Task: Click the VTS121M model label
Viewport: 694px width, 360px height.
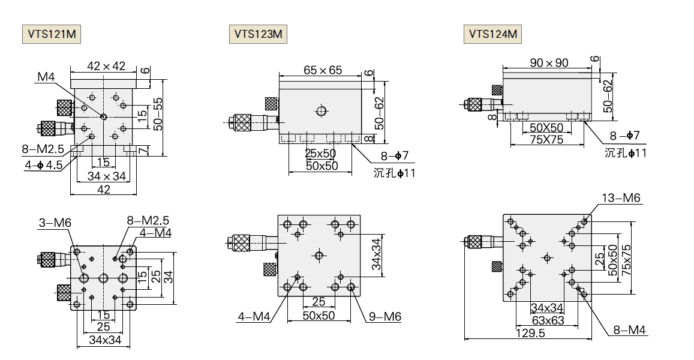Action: tap(52, 34)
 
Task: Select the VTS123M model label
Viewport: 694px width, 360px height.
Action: tap(258, 34)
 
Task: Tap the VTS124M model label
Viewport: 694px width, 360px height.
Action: tap(492, 34)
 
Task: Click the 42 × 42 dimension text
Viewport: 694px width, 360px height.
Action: tap(106, 66)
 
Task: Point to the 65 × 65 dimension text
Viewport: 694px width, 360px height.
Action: tap(323, 70)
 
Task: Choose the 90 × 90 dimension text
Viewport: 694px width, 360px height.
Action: tap(549, 62)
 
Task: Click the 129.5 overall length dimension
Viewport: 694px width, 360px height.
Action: tap(530, 334)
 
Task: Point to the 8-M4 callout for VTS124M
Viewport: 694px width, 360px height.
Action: tap(629, 329)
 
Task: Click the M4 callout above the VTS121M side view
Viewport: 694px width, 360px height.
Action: tap(46, 77)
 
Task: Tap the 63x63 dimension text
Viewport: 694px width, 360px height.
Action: tap(547, 320)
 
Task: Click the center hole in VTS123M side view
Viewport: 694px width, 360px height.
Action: tap(322, 110)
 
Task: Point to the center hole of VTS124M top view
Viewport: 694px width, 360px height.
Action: tap(546, 258)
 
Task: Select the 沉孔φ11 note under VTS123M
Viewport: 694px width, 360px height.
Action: tap(394, 173)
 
